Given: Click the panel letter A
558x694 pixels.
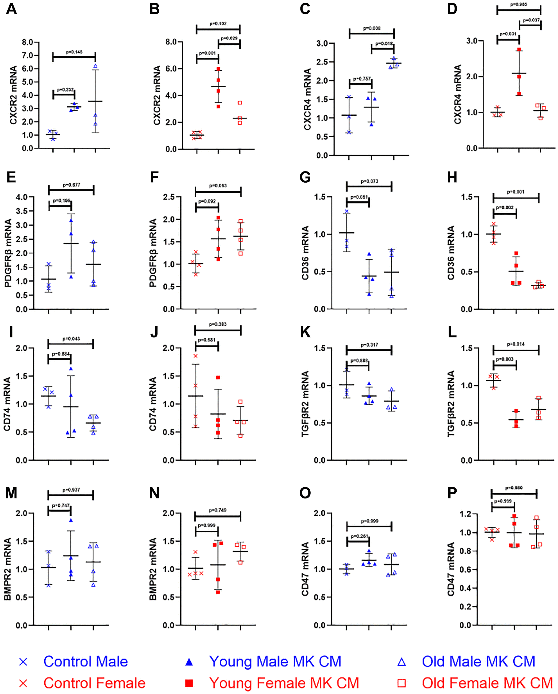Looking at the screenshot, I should click(11, 9).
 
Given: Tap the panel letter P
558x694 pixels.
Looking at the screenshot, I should click(452, 493).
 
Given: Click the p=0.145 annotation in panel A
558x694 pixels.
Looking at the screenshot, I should click(74, 52).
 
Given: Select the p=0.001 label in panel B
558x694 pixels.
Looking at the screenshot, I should click(207, 53).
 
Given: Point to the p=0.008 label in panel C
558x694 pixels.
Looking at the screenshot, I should click(372, 28).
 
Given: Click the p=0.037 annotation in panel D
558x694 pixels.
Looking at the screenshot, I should click(531, 20).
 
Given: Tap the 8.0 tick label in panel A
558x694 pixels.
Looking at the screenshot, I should click(28, 42).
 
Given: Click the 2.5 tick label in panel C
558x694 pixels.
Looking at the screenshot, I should click(322, 62).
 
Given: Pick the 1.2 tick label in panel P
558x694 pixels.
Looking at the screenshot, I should click(472, 514).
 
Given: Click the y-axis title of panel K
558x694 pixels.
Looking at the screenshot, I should click(305, 404).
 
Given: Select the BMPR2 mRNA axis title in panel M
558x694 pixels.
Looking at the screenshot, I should click(8, 569).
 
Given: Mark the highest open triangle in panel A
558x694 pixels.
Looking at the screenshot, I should click(95, 66).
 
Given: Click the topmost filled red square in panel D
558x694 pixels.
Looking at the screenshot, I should click(519, 50).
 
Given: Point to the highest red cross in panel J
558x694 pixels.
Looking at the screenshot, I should click(196, 356).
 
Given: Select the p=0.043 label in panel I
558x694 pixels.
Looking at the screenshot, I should click(71, 339).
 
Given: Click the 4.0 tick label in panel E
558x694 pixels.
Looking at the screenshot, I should click(22, 197).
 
